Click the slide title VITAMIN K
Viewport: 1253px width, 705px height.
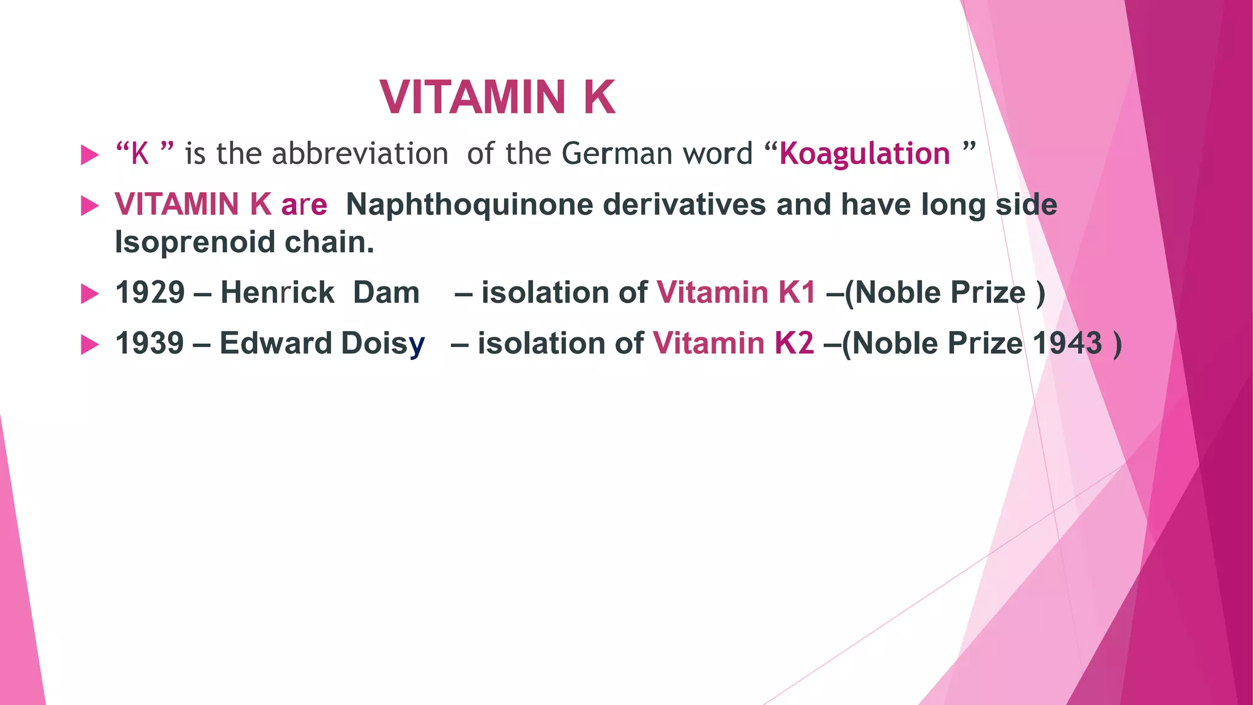pyautogui.click(x=497, y=97)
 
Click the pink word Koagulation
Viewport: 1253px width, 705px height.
pyautogui.click(x=864, y=154)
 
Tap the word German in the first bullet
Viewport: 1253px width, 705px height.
pyautogui.click(x=617, y=154)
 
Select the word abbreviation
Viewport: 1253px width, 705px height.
pyautogui.click(x=360, y=154)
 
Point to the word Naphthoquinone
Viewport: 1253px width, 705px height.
pyautogui.click(x=469, y=204)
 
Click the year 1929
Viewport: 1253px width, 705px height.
pyautogui.click(x=150, y=293)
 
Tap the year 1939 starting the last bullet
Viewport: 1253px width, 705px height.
pyautogui.click(x=149, y=343)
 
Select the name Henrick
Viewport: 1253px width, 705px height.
pyautogui.click(x=277, y=293)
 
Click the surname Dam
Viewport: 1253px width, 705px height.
pyautogui.click(x=386, y=293)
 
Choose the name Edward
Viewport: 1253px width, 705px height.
pyautogui.click(x=276, y=343)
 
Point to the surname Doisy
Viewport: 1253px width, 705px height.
pyautogui.click(x=383, y=343)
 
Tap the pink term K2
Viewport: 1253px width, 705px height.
pyautogui.click(x=794, y=343)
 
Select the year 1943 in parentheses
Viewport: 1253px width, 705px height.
pyautogui.click(x=1068, y=343)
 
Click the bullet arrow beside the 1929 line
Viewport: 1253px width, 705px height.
pyautogui.click(x=89, y=294)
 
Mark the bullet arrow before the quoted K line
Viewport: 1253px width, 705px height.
pyautogui.click(x=89, y=155)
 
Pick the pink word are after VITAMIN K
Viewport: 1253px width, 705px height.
pyautogui.click(x=304, y=204)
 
